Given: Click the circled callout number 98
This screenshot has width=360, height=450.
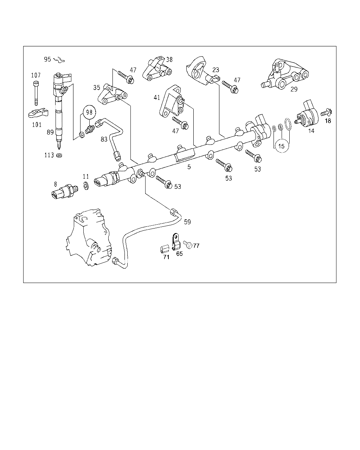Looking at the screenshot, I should [x=89, y=112].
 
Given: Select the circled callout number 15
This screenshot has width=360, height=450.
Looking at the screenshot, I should [x=281, y=146].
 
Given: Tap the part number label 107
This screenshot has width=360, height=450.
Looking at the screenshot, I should [x=36, y=75].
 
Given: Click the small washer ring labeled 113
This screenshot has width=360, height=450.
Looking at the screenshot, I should [x=59, y=155].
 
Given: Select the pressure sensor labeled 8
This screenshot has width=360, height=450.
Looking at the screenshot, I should [x=64, y=192].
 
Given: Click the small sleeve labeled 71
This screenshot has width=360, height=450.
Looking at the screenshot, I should [x=163, y=250].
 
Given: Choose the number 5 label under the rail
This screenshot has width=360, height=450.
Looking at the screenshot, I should [x=189, y=167].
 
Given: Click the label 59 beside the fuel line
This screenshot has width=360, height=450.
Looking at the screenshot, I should [x=187, y=222].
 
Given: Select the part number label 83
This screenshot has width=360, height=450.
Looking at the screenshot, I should [x=104, y=139].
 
